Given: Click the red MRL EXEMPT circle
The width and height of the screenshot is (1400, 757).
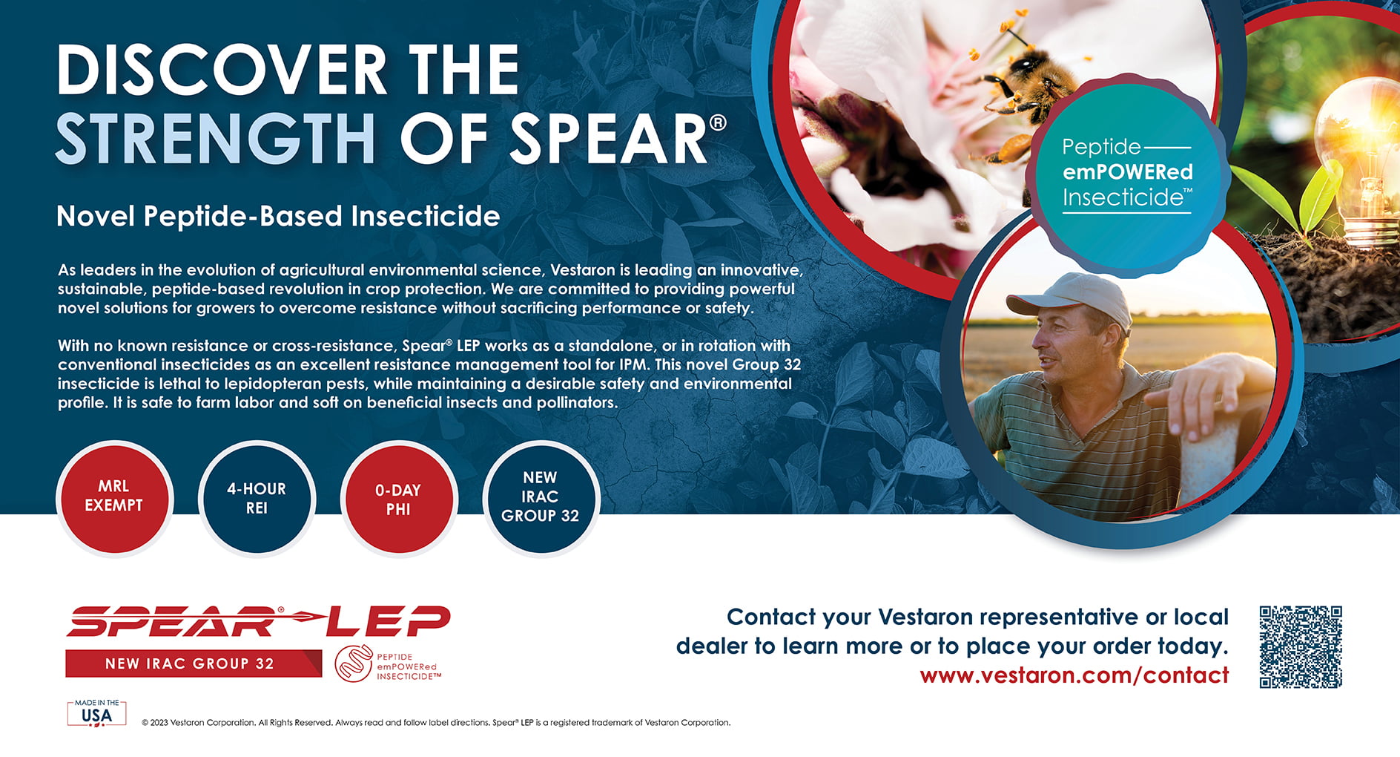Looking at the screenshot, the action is pos(114,497).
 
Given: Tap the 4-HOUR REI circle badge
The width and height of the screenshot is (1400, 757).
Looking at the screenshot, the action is pos(257,499).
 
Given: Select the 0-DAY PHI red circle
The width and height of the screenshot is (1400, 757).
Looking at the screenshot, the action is pos(399,499).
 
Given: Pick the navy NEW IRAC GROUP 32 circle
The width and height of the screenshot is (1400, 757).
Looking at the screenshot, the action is pos(541,497).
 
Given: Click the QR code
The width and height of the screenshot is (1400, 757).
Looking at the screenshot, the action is pos(1301,646).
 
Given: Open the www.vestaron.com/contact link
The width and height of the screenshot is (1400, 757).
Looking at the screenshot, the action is pos(1074,675).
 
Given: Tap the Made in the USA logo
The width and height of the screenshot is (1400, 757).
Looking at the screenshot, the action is pos(97,712).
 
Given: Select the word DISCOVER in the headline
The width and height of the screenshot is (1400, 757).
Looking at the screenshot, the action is pos(221,70).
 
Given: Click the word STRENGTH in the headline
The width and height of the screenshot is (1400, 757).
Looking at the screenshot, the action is pos(215,139).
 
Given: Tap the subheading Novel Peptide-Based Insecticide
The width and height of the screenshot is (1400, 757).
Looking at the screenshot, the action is pos(278,216).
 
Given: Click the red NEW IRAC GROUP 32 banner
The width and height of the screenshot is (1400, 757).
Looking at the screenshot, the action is pos(193,663).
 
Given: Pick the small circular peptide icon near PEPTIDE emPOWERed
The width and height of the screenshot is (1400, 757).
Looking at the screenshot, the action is pos(354,663).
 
